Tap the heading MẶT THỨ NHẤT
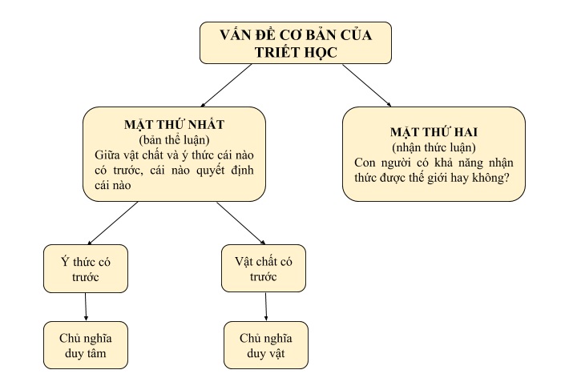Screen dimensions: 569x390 174,124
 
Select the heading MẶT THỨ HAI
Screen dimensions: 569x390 434,132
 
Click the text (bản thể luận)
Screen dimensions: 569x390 174,140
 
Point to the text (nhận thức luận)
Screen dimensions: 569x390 434,147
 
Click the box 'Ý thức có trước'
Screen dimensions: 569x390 86,268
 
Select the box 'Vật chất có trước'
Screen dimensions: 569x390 264,268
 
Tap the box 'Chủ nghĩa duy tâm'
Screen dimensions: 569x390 86,345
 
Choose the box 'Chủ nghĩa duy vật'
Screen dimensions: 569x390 266,345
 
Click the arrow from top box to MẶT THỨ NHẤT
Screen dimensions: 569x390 226,85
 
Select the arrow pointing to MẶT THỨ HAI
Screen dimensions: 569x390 367,85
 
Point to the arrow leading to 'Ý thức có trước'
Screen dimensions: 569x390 113,223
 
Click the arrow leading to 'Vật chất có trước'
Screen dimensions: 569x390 241,223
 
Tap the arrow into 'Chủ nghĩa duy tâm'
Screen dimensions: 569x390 86,307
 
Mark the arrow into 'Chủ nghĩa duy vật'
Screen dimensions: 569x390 265,307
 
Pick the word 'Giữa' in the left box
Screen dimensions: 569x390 106,155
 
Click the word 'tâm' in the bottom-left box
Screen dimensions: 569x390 96,353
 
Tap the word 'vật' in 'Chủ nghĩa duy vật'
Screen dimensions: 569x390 276,353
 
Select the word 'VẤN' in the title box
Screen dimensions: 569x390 236,34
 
